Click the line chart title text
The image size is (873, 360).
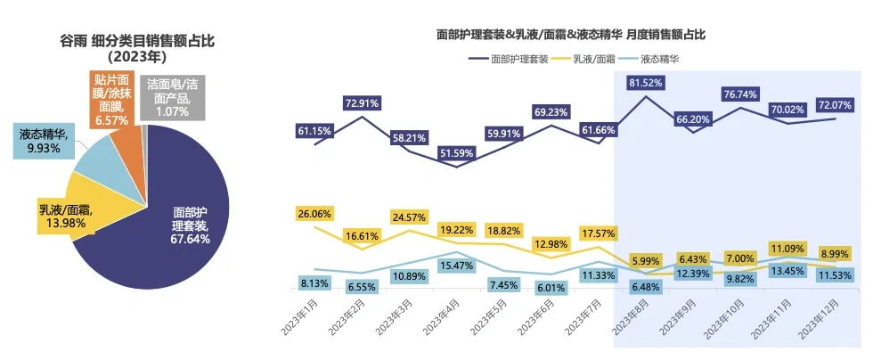[571, 35]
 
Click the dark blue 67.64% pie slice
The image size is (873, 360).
[178, 223]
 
